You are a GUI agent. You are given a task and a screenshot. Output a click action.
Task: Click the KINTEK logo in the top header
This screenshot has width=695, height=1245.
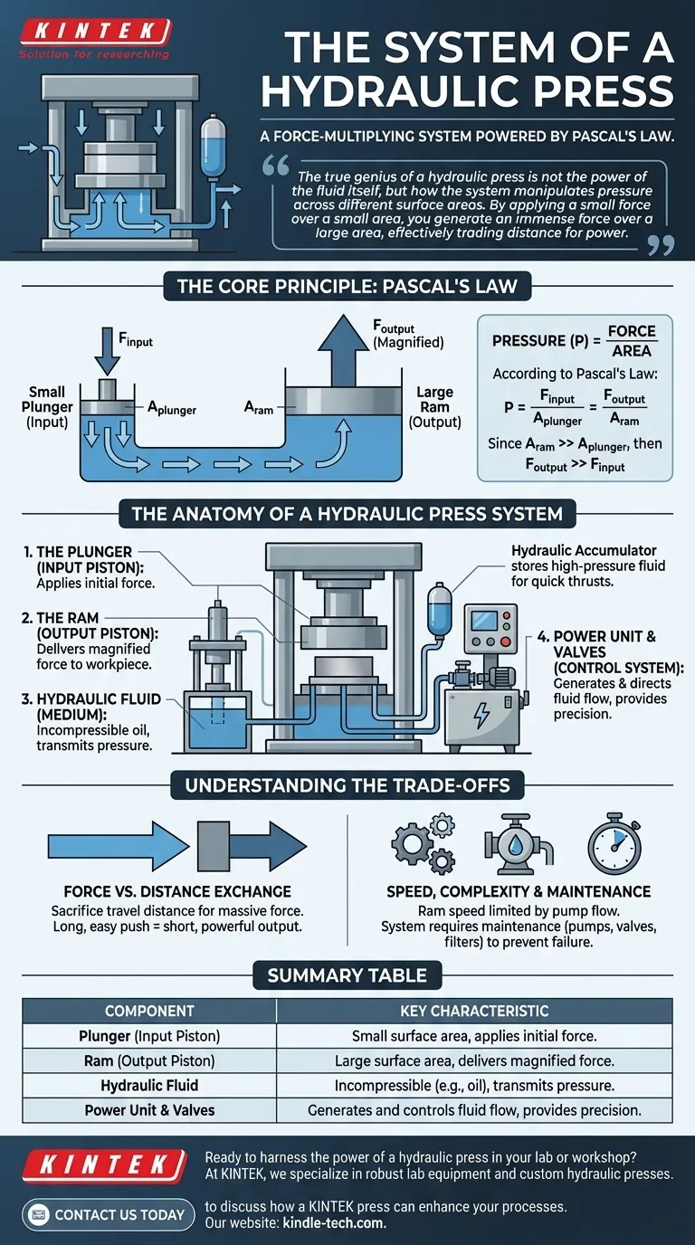[x=95, y=33]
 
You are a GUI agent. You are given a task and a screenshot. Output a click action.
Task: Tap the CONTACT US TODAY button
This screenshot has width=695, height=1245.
[x=108, y=1214]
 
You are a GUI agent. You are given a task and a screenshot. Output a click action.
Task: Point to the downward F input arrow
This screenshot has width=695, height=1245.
[x=107, y=354]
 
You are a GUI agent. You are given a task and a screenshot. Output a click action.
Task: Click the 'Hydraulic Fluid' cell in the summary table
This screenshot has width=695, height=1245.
[x=149, y=1085]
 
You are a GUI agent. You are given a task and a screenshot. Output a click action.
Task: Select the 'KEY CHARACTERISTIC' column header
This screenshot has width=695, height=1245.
[x=474, y=1011]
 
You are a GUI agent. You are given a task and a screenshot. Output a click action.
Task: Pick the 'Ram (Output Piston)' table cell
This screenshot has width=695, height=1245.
[x=149, y=1060]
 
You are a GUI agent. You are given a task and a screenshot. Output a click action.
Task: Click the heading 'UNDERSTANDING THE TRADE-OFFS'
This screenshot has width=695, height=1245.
[x=347, y=784]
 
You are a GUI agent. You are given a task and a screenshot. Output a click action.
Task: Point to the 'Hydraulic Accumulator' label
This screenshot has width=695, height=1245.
[x=584, y=550]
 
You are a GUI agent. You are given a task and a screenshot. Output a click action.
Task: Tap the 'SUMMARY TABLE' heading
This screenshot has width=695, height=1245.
[x=347, y=975]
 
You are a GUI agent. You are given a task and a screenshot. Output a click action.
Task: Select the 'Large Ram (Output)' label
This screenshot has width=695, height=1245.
[x=434, y=407]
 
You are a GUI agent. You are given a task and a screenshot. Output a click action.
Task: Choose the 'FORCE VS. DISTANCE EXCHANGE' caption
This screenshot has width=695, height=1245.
[x=177, y=891]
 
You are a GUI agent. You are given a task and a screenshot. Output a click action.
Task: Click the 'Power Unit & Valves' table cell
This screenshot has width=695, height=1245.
[x=149, y=1109]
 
